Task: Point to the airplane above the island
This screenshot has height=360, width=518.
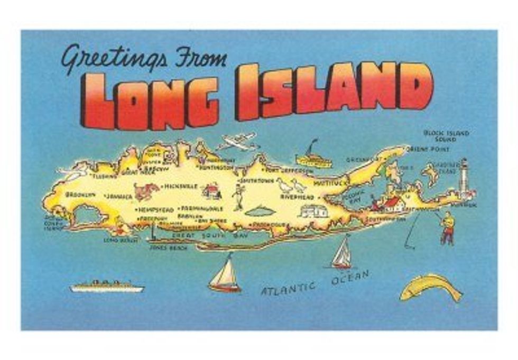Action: tap(237, 142)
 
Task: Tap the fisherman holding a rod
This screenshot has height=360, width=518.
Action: tap(447, 228)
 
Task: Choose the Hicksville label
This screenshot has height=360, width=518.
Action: tap(181, 187)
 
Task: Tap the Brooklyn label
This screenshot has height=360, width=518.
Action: tap(80, 195)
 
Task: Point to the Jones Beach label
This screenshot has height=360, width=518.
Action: tap(165, 247)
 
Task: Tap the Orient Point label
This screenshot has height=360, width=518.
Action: tap(429, 149)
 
